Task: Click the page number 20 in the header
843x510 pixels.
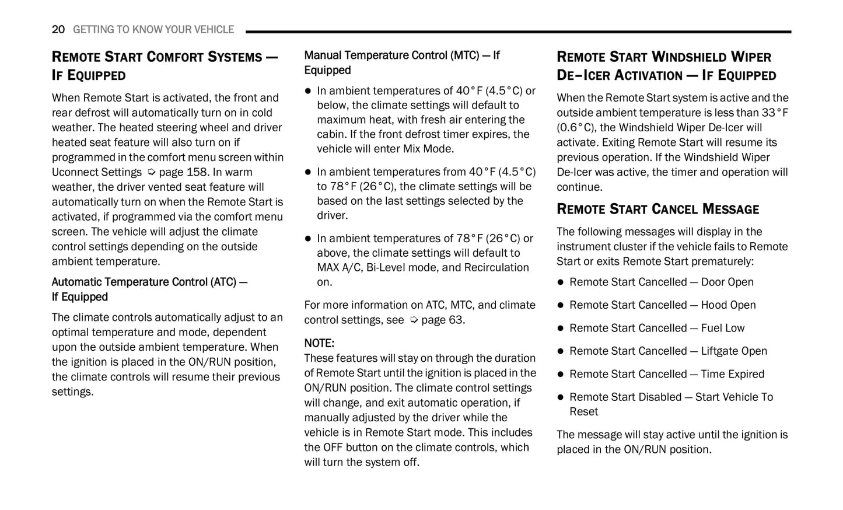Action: [x=58, y=29]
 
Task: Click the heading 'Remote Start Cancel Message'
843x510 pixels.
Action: [x=657, y=209]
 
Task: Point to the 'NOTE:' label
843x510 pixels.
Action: [x=319, y=343]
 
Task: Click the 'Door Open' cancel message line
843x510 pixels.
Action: [x=661, y=282]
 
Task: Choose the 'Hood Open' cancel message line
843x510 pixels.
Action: [x=662, y=305]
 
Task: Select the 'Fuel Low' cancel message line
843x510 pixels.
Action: [x=657, y=328]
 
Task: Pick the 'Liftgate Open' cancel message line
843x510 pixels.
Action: [x=668, y=351]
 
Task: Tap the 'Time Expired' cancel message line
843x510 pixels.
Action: [x=666, y=374]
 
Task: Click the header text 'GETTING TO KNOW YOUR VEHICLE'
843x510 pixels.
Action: [x=153, y=29]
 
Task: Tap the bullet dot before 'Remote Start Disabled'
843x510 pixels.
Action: [x=561, y=397]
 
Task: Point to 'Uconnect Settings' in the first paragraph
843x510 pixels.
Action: [x=96, y=172]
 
